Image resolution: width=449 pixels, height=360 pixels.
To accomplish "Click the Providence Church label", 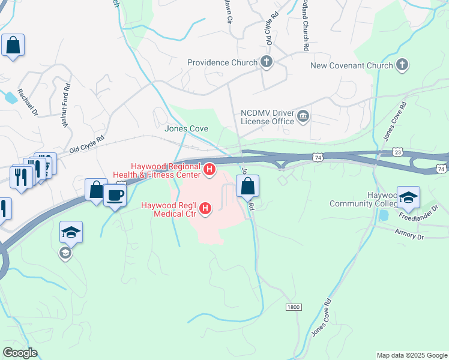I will (x=221, y=62).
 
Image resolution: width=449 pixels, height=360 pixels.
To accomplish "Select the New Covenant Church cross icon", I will (x=402, y=65).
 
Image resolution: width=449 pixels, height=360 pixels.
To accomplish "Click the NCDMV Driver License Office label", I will (x=267, y=116).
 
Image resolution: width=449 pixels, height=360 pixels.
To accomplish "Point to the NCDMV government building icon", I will (x=304, y=116).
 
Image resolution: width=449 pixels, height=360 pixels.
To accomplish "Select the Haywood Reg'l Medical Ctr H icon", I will (x=205, y=209).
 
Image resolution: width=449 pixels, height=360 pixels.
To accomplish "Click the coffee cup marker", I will (x=114, y=194).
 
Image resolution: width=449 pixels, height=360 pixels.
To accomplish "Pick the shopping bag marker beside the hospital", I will (x=247, y=187).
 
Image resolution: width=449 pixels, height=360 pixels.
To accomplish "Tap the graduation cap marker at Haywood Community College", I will (x=408, y=198).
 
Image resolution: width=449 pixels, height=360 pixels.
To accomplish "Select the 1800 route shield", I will (x=293, y=307).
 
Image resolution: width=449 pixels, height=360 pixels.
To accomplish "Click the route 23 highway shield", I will (x=398, y=152).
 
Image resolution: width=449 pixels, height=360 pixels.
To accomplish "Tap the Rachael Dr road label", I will (x=28, y=102).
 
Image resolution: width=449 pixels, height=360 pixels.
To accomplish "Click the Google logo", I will (x=20, y=353).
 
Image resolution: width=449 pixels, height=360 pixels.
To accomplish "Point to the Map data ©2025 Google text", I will (x=411, y=355).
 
